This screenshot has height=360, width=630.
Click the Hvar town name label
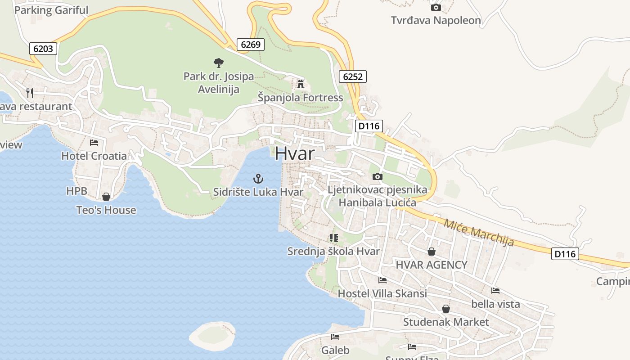(295, 153)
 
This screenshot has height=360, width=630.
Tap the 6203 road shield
(43, 49)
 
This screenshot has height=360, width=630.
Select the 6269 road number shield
(251, 44)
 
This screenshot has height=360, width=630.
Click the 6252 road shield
(352, 76)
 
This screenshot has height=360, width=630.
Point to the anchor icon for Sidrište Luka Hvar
(258, 179)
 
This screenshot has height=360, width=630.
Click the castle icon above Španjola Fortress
(300, 84)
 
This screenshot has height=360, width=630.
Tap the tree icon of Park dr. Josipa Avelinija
(219, 63)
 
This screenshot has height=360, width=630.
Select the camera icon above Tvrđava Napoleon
(436, 7)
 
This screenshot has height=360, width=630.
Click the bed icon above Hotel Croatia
(94, 143)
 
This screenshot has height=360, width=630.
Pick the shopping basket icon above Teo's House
(106, 197)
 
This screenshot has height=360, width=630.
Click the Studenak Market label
(445, 322)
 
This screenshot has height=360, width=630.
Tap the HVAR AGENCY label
(431, 265)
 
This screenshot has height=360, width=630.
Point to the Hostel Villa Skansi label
(382, 293)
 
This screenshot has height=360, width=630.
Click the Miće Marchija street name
(479, 232)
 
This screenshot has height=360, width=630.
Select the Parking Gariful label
(51, 10)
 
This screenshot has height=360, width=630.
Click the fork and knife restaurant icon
(30, 93)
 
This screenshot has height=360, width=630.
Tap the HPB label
(76, 191)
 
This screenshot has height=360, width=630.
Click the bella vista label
(495, 304)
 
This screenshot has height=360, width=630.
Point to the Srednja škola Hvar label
(333, 251)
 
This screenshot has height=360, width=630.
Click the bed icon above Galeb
(335, 337)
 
